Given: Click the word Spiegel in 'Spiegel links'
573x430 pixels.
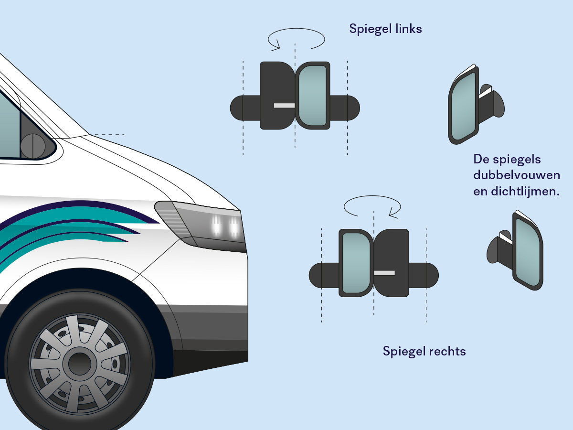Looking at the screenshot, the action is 370,29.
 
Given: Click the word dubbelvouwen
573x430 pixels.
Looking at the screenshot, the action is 517,175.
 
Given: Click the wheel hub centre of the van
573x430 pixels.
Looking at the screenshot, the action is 80,364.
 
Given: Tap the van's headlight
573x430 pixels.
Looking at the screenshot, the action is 201,226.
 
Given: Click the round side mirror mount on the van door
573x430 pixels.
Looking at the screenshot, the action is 33,146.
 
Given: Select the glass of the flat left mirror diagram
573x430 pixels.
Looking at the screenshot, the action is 312,96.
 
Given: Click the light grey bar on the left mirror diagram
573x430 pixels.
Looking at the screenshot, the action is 284,106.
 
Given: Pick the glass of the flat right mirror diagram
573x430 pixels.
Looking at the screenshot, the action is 356,263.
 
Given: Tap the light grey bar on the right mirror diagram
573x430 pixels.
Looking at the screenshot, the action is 384,273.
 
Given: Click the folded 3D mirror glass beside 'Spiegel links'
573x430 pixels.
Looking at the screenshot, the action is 463,106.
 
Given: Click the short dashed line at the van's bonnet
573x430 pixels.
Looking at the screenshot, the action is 109,135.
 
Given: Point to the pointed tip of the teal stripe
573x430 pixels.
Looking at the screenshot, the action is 159,223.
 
